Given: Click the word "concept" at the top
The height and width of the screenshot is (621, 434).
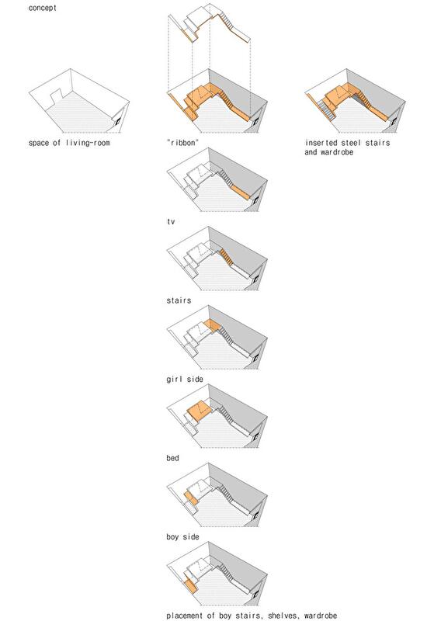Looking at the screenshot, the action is click(x=43, y=8).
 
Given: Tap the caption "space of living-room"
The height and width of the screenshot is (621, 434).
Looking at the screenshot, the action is click(x=69, y=143).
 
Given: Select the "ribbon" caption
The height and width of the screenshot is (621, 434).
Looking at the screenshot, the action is click(x=182, y=143).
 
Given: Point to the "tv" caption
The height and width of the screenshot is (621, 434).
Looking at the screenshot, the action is click(x=171, y=222).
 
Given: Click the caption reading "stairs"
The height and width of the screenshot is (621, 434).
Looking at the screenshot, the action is click(x=179, y=300).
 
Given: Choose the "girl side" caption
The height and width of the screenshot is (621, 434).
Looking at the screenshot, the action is click(x=185, y=379).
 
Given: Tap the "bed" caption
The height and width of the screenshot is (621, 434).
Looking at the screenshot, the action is click(x=172, y=458).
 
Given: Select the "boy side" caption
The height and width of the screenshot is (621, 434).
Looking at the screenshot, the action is click(x=182, y=536).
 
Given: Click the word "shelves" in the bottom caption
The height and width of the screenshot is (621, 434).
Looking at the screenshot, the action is click(x=283, y=616).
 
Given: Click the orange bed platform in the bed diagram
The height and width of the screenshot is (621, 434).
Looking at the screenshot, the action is click(x=201, y=411).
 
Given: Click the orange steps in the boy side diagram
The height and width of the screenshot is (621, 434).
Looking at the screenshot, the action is click(x=191, y=498).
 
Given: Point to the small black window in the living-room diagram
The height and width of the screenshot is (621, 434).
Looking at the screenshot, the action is click(x=117, y=123).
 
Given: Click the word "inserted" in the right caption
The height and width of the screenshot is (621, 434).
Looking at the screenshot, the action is click(x=321, y=143).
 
